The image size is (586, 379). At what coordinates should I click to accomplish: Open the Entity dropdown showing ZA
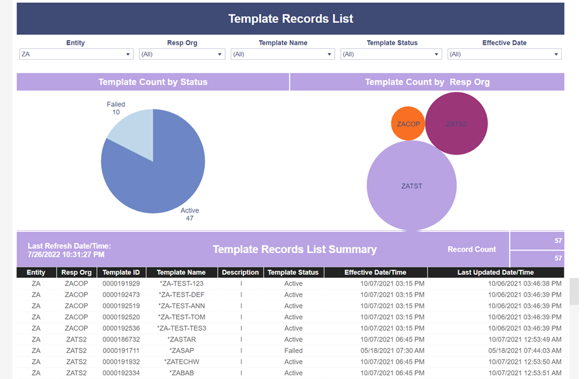[x=76, y=54]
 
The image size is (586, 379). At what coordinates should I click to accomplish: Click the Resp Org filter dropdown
[x=182, y=54]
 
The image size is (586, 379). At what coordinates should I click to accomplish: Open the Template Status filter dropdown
[x=391, y=54]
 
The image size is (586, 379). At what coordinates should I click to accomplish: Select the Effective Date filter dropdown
[x=505, y=54]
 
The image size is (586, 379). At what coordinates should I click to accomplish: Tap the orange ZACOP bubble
[x=408, y=124]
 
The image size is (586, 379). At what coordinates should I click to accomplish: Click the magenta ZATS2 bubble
[x=456, y=123]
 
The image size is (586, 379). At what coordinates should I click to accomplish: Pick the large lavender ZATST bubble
[x=411, y=186]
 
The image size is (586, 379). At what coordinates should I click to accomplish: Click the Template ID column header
[x=121, y=272]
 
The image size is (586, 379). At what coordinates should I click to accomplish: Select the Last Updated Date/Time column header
[x=496, y=272]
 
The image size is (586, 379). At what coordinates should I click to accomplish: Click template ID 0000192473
[x=121, y=294]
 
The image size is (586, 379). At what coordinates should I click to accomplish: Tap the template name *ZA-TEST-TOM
[x=182, y=317]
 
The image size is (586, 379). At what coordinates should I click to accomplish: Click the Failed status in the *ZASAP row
[x=294, y=350]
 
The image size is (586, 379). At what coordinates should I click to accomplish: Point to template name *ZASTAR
[x=182, y=340]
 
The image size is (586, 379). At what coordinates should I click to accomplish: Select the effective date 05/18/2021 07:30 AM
[x=392, y=350]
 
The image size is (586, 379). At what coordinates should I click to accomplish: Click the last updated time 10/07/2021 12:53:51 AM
[x=525, y=373]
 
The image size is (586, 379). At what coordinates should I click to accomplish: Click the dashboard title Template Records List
[x=290, y=18]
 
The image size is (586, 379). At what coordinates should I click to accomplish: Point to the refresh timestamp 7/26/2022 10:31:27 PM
[x=66, y=254]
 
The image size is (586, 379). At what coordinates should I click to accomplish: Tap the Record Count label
[x=472, y=249]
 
